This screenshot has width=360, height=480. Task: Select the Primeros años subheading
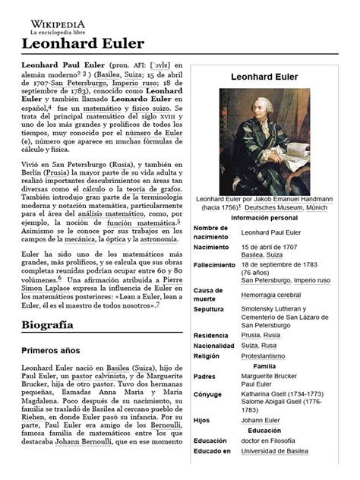click(x=52, y=352)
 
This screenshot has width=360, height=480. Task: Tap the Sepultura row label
click(x=213, y=310)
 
